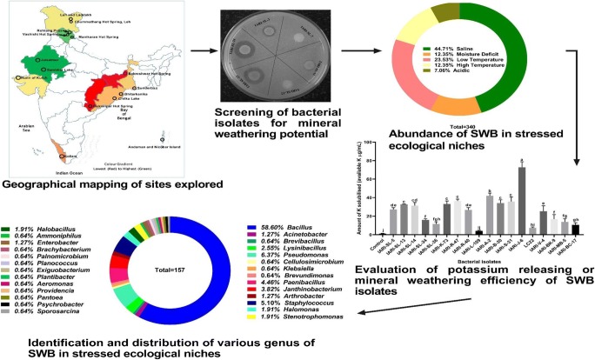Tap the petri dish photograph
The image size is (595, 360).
[267, 57]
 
